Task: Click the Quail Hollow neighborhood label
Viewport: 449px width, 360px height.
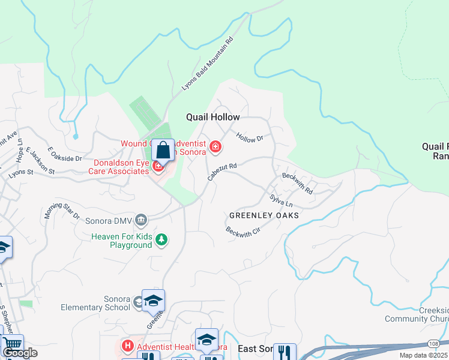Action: [213, 118]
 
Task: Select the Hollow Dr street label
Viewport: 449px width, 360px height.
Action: [250, 139]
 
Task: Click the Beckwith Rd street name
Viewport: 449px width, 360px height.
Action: [297, 184]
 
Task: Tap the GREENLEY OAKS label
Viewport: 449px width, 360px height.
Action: [264, 215]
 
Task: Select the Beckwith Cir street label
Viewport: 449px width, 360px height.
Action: [243, 231]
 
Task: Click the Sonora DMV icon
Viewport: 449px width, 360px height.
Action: [141, 220]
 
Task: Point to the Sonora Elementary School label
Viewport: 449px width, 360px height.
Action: [95, 304]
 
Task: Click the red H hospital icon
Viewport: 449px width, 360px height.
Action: [127, 346]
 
